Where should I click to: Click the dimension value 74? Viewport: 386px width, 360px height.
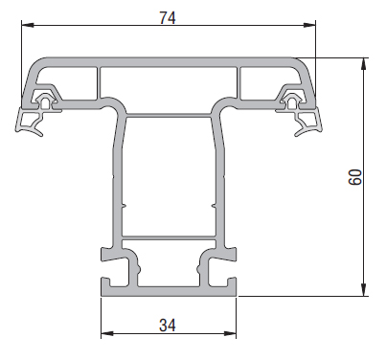coord(168,16)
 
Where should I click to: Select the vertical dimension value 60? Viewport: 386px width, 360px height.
coord(354,177)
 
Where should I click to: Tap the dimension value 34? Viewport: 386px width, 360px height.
coord(168,325)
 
